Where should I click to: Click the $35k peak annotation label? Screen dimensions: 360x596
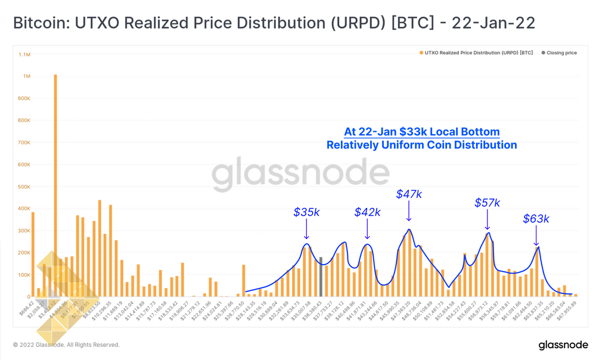(x=306, y=212)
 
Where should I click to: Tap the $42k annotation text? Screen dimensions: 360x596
(x=367, y=212)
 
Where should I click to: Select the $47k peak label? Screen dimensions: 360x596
(x=409, y=194)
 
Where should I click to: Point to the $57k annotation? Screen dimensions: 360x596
(x=487, y=203)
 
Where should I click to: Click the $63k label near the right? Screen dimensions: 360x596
(x=536, y=219)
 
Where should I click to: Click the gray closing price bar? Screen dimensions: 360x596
(x=321, y=277)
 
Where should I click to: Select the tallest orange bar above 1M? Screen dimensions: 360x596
(x=55, y=185)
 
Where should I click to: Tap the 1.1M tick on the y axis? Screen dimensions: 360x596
(x=24, y=54)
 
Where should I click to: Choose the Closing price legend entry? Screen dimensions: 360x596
(x=559, y=53)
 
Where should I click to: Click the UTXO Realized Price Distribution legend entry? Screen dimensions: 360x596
(x=476, y=53)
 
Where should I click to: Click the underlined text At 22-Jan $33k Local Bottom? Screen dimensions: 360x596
(x=421, y=132)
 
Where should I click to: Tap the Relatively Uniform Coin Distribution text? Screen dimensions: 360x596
(x=421, y=145)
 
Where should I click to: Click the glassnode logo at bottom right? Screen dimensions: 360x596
(x=563, y=346)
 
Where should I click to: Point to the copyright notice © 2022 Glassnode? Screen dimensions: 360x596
(x=66, y=345)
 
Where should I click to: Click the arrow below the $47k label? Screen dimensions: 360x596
(x=409, y=212)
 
